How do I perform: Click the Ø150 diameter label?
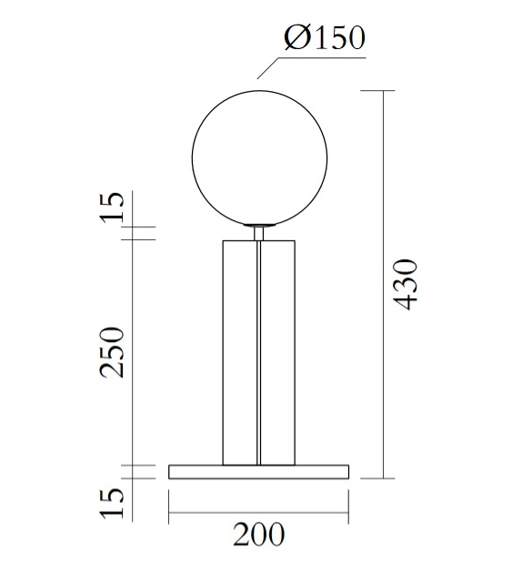pyautogui.click(x=324, y=38)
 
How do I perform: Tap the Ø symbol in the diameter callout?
pyautogui.click(x=297, y=38)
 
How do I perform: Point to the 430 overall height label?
pyautogui.click(x=407, y=284)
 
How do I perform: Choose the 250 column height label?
pyautogui.click(x=111, y=352)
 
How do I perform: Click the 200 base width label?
pyautogui.click(x=258, y=535)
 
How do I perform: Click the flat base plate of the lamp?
pyautogui.click(x=259, y=470)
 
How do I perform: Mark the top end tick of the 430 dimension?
pyautogui.click(x=383, y=92)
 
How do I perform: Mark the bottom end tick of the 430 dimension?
pyautogui.click(x=383, y=478)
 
